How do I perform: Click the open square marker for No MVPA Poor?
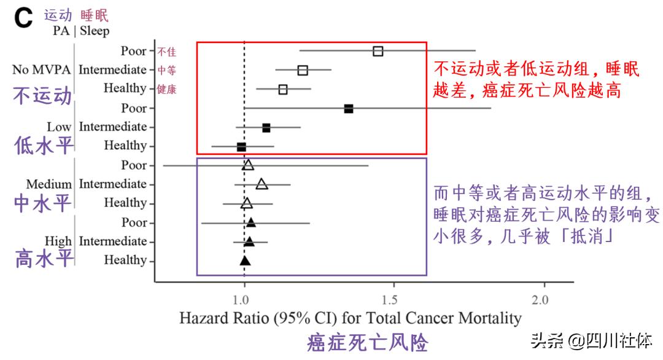[378, 51]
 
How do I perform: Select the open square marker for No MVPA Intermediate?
[303, 70]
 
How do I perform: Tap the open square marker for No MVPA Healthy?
[283, 90]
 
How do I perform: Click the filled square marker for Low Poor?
[349, 109]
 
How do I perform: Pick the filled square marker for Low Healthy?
[241, 147]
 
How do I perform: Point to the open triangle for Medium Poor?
[248, 165]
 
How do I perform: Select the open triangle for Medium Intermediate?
[262, 184]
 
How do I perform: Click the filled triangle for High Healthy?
[245, 260]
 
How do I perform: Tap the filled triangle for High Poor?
[250, 222]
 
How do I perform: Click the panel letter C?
[23, 20]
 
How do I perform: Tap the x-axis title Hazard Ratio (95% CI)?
[350, 318]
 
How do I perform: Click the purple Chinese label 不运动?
[42, 96]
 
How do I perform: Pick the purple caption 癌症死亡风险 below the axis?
[367, 343]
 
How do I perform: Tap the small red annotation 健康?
[167, 90]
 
